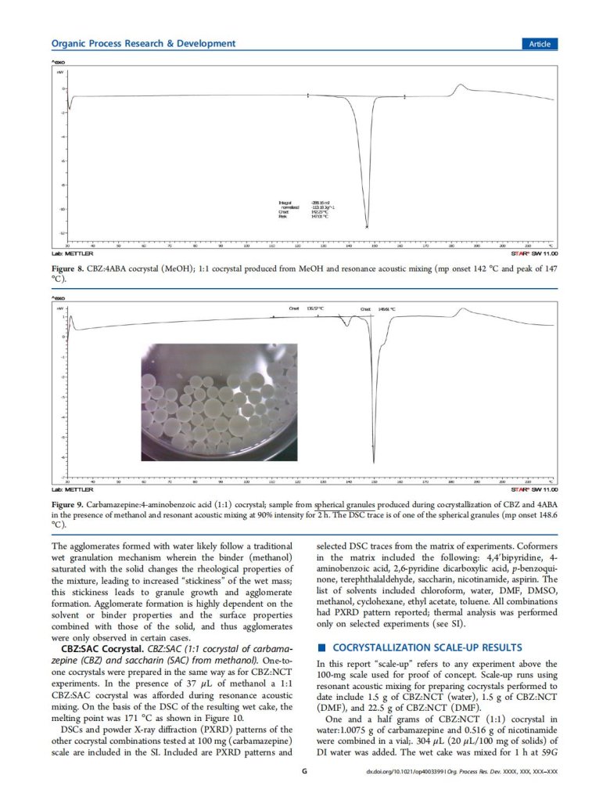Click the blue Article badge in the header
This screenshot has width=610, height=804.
tap(539, 44)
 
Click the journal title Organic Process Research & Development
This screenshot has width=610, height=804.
tap(143, 44)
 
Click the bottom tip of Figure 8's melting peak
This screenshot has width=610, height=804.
tap(367, 227)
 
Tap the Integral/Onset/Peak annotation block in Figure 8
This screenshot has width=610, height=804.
tap(305, 208)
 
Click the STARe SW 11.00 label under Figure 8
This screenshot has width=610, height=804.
tap(533, 254)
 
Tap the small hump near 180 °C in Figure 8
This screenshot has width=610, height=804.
tap(461, 85)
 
